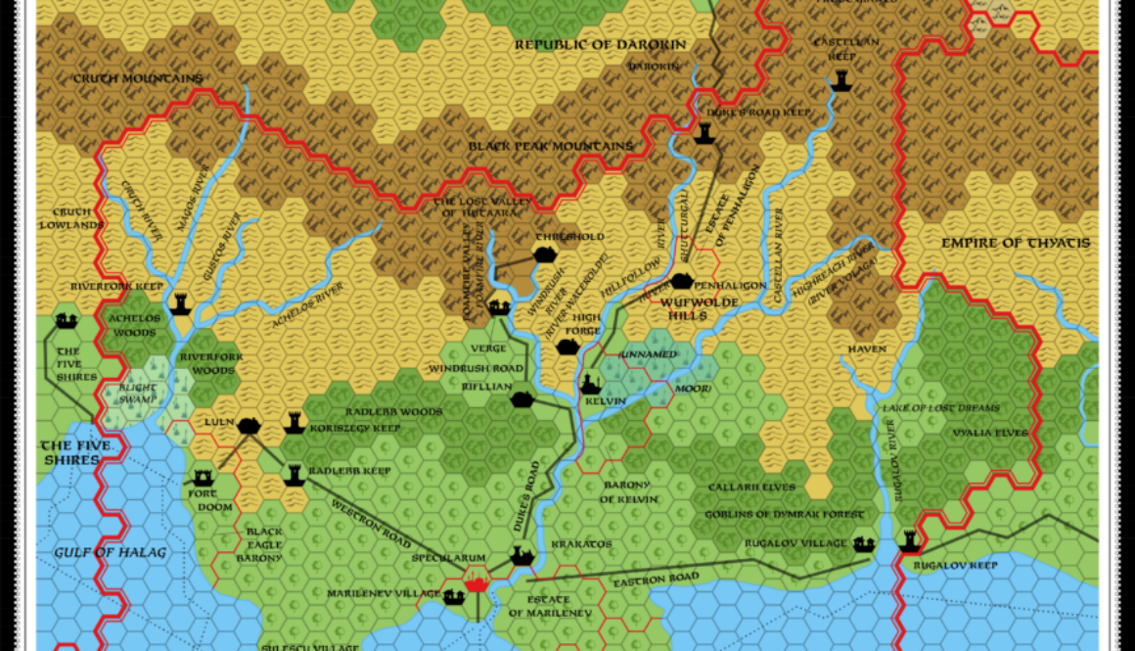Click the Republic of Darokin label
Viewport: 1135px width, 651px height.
click(601, 44)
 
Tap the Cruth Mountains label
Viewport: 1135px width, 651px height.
click(138, 78)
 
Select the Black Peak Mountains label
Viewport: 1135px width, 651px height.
click(550, 147)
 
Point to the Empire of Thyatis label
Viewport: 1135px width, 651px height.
click(1016, 243)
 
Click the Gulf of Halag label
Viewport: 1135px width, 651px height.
click(97, 552)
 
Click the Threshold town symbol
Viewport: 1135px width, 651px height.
click(545, 254)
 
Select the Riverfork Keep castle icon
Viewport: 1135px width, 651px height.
click(180, 303)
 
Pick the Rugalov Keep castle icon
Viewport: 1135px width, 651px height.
click(910, 541)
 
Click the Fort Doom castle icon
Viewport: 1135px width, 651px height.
click(204, 478)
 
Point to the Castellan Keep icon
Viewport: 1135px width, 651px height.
click(839, 83)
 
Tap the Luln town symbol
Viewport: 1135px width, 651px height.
click(249, 425)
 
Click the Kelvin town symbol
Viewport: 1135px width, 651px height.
click(591, 385)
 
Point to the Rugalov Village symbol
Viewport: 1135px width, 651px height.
click(863, 543)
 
